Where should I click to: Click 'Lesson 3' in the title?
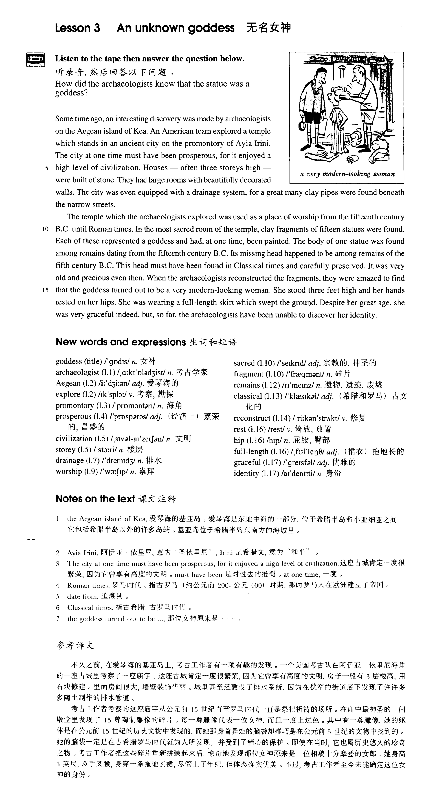pos(78,28)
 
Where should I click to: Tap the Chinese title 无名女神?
pos(268,28)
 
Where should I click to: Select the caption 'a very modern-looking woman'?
pos(347,174)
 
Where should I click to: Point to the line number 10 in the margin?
pos(45,229)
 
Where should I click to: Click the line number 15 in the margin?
pos(45,290)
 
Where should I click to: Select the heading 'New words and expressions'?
pos(121,342)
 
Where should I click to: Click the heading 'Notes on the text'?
pos(96,499)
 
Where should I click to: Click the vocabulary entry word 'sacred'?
pos(244,363)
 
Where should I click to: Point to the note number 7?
pos(58,619)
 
